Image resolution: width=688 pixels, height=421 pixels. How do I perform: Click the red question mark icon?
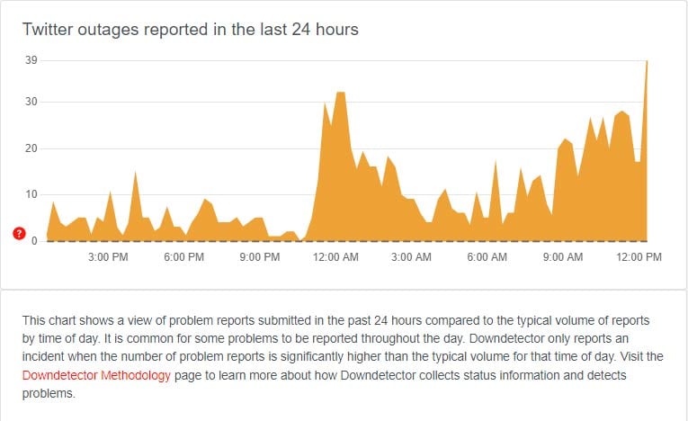pyautogui.click(x=20, y=234)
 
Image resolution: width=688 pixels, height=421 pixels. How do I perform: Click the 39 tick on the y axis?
pyautogui.click(x=31, y=60)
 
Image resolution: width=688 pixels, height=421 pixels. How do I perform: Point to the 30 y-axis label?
pyautogui.click(x=31, y=102)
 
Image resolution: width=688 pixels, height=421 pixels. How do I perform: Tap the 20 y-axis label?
pyautogui.click(x=31, y=148)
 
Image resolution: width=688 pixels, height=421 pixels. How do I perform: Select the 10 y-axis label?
pyautogui.click(x=31, y=194)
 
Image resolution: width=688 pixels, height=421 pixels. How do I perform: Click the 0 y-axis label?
pyautogui.click(x=34, y=240)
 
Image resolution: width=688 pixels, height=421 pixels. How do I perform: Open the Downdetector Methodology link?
pyautogui.click(x=96, y=375)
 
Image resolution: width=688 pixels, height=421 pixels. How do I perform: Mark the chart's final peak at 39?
pyautogui.click(x=647, y=61)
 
